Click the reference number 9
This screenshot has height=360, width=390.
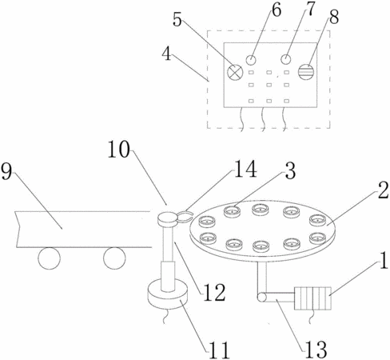[6, 171]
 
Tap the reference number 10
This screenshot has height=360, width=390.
[118, 150]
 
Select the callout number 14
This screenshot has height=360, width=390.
[245, 169]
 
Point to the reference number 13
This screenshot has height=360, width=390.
[316, 350]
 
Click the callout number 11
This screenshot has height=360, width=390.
[219, 350]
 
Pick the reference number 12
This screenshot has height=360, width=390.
[215, 292]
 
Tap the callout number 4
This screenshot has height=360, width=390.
[167, 54]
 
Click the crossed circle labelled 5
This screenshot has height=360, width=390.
[235, 72]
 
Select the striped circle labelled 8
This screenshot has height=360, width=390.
[306, 72]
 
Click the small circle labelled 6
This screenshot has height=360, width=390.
[251, 60]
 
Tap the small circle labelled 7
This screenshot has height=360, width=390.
[286, 59]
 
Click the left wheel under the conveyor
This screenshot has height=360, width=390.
[50, 258]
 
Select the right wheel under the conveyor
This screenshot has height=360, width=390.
[114, 258]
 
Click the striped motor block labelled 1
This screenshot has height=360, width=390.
[312, 298]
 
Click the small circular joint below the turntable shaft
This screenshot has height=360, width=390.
[261, 297]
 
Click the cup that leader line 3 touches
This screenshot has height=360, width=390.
[233, 211]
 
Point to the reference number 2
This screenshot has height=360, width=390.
[384, 190]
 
